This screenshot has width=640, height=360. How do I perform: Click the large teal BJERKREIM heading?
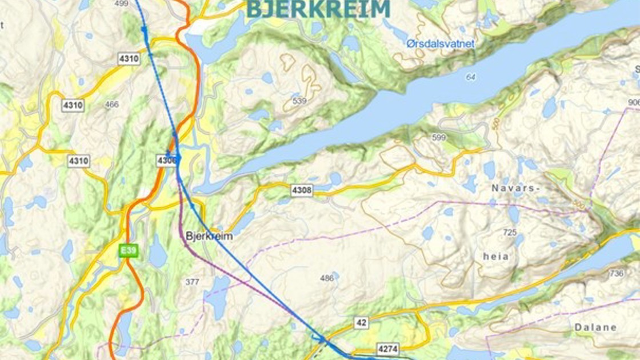point(318,9)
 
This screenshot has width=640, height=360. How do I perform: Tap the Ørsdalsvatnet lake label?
point(440,43)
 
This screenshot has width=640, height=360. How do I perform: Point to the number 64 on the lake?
point(471,77)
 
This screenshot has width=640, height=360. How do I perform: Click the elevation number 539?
point(299,101)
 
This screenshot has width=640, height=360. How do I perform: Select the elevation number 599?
point(438,137)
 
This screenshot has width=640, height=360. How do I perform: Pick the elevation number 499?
point(121,3)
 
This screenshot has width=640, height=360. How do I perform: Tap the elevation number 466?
point(112,105)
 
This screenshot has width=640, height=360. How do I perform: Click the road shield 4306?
point(166,161)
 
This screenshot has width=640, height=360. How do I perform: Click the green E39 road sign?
point(129,250)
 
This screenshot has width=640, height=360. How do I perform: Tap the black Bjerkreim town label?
point(209,235)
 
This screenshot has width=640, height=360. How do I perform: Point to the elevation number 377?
point(193,282)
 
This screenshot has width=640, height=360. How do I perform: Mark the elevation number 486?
point(327,278)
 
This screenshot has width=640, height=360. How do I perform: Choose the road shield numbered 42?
point(361,323)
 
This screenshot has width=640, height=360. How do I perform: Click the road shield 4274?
point(387,348)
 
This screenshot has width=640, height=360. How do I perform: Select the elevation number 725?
point(510,233)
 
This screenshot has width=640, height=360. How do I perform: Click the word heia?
point(495,257)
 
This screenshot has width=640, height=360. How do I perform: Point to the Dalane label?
point(597,327)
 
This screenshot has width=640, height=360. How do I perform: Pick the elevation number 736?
point(617,274)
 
